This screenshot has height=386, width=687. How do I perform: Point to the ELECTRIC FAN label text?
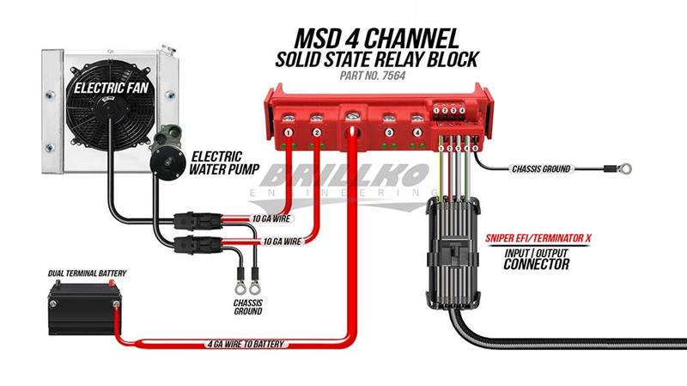108,88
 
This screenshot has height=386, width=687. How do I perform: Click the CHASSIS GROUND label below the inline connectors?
247,305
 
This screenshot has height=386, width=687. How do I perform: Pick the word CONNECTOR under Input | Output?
538,265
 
